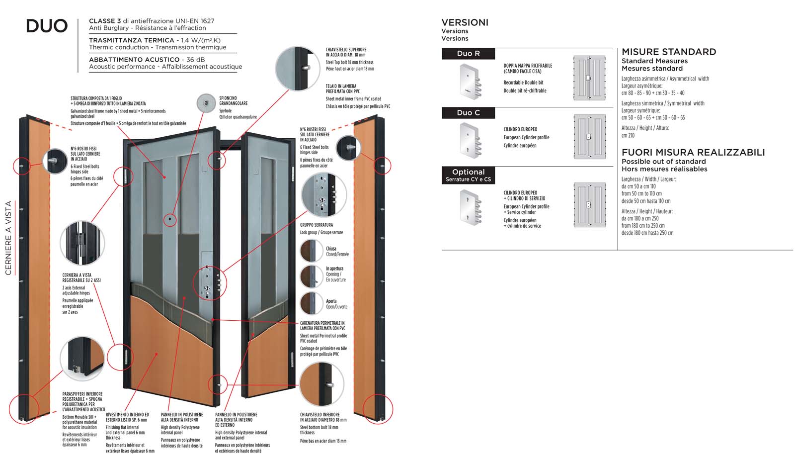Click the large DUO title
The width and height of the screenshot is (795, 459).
point(47,26)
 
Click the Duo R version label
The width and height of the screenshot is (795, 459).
point(468,54)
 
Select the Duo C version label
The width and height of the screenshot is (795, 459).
point(468,113)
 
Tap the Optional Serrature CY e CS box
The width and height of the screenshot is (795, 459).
point(468,175)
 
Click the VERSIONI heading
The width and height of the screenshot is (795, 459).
point(465,22)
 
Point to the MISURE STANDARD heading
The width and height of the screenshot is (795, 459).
point(669,52)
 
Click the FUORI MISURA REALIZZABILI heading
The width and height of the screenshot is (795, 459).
point(693,153)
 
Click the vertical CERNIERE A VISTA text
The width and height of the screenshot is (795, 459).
point(8,238)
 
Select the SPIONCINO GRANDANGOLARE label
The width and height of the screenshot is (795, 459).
point(233,100)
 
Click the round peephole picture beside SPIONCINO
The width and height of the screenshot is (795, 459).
point(205,103)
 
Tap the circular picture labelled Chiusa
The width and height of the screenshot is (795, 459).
point(311,251)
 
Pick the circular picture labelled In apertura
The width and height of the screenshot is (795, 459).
point(311,276)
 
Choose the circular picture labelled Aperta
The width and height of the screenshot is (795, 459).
point(311,303)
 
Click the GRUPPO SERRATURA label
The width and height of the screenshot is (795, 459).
point(317,225)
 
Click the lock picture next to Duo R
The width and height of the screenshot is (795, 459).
point(470,81)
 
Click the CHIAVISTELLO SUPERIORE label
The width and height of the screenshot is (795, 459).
point(346,52)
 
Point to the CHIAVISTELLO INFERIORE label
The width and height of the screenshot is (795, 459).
point(319,417)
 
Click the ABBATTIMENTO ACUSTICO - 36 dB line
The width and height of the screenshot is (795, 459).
point(147,60)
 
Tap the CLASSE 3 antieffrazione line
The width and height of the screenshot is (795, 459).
point(152,21)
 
